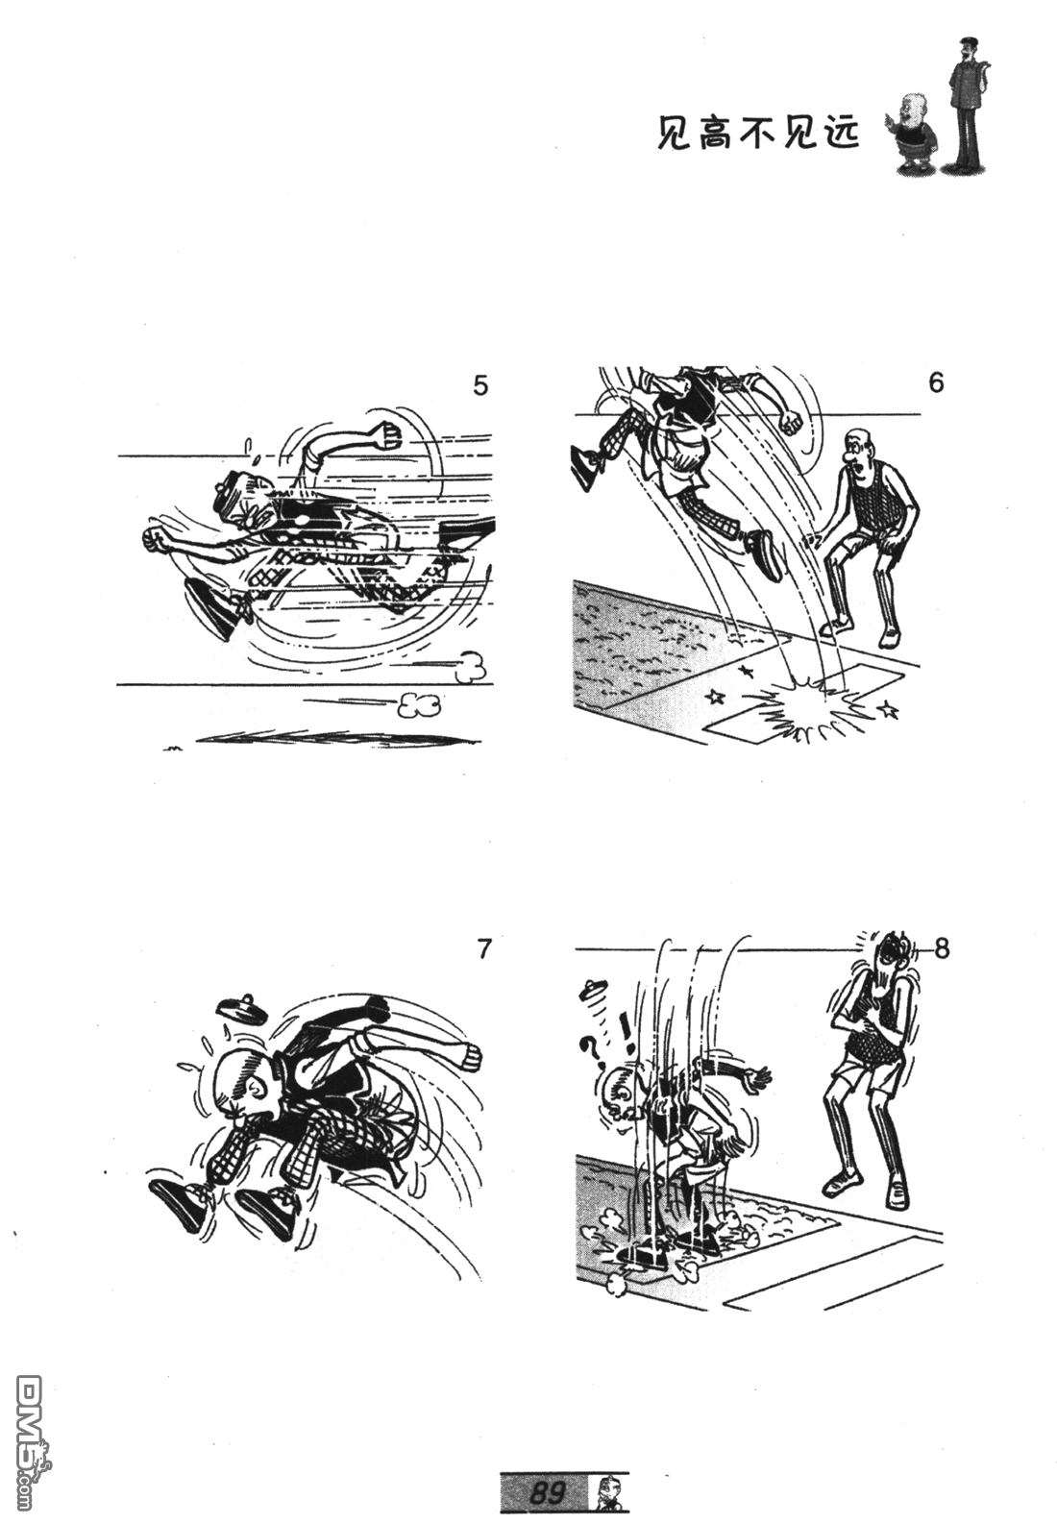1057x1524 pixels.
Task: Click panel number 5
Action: [480, 385]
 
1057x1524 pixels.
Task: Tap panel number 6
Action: [936, 383]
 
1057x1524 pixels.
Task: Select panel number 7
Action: [483, 948]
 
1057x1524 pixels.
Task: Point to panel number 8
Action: [942, 948]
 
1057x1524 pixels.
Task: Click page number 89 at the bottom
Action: [548, 1491]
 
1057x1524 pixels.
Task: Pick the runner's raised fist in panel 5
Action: [386, 434]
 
